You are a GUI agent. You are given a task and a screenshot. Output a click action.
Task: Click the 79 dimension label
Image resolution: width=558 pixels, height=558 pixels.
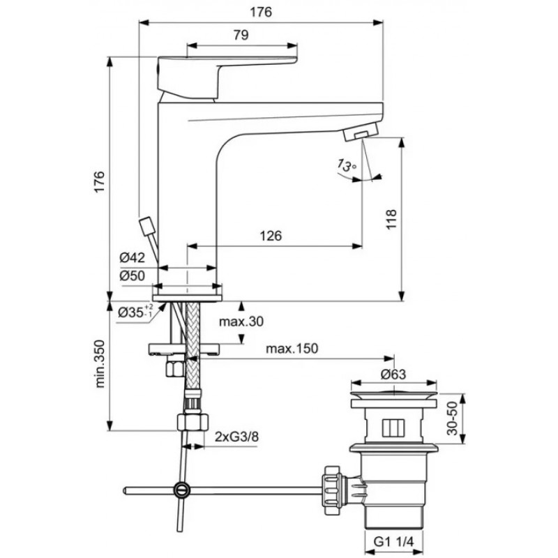(x=241, y=35)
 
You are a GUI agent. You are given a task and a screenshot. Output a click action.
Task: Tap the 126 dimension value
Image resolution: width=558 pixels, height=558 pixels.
(x=271, y=236)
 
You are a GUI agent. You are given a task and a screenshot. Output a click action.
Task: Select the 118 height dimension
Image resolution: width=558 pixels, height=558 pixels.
(x=391, y=220)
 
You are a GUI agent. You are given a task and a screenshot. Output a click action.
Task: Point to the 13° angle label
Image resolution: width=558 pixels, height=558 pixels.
(x=347, y=165)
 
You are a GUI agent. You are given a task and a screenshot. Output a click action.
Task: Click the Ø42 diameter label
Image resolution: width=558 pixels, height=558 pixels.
(x=133, y=257)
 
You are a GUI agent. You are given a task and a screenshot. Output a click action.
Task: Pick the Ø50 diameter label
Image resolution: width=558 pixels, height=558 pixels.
(x=133, y=276)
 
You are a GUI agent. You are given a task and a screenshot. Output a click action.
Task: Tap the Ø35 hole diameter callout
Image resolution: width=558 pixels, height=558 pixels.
(x=136, y=312)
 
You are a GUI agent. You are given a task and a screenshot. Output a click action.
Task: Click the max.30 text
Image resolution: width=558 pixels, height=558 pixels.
(x=241, y=322)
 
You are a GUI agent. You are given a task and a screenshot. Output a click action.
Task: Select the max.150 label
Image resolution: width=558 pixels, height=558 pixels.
(x=292, y=348)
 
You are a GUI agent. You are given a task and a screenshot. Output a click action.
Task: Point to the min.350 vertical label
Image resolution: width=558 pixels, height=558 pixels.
(x=100, y=363)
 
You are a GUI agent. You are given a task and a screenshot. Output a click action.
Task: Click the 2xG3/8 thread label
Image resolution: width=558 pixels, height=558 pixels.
(x=236, y=437)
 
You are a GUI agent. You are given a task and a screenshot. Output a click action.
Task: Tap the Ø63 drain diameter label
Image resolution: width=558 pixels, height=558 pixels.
(x=393, y=374)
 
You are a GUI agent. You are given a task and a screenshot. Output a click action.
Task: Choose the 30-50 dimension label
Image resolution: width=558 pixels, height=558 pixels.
(x=452, y=418)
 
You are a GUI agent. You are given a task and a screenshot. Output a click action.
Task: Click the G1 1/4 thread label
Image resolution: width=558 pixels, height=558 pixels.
(x=394, y=542)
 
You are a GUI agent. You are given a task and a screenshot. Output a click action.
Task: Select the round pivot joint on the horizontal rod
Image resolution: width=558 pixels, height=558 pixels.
(x=182, y=490)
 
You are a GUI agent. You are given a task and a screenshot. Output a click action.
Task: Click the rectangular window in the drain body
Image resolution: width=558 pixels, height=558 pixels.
(x=393, y=428)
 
